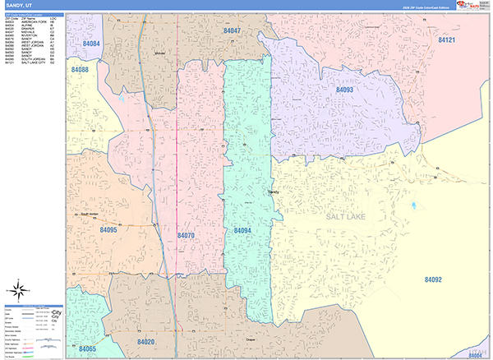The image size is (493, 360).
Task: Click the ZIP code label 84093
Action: pyautogui.click(x=344, y=90)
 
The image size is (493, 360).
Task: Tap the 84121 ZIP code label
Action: pyautogui.click(x=448, y=39)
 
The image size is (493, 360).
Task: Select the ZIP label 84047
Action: pyautogui.click(x=233, y=30)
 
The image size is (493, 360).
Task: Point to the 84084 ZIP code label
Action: pyautogui.click(x=91, y=44)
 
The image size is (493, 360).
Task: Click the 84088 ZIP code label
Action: pyautogui.click(x=80, y=71)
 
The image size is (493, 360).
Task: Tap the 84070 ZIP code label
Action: pyautogui.click(x=186, y=235)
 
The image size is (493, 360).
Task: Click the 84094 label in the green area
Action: pyautogui.click(x=242, y=231)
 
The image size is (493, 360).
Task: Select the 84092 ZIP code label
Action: pyautogui.click(x=434, y=280)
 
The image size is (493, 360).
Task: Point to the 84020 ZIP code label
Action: pyautogui.click(x=146, y=341)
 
